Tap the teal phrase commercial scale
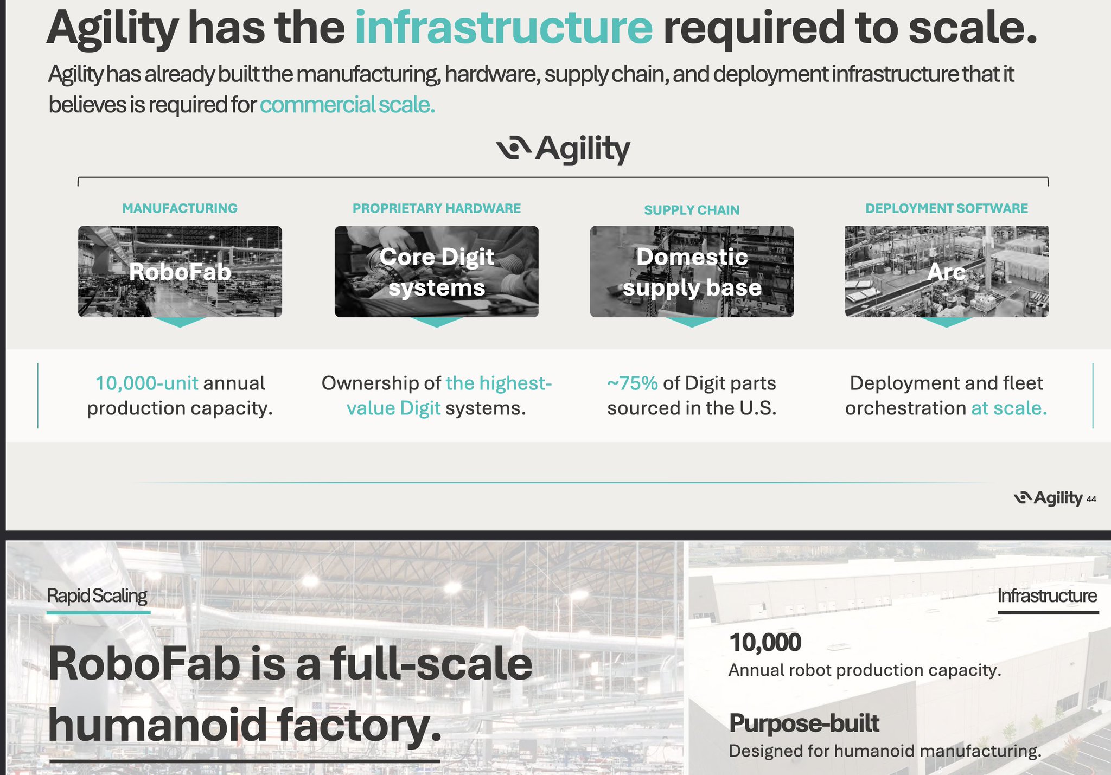click(347, 104)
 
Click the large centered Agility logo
click(563, 149)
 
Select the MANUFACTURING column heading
click(180, 208)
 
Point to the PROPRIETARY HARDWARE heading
click(437, 208)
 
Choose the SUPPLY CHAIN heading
click(692, 210)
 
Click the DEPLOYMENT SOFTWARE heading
click(947, 208)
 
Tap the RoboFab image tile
click(180, 272)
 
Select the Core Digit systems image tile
click(437, 272)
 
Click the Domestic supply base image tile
click(692, 272)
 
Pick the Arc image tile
click(947, 272)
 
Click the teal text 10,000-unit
click(146, 383)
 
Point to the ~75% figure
click(633, 383)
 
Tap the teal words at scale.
click(1009, 408)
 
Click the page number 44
click(1091, 499)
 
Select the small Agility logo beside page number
click(1048, 498)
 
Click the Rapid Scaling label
click(97, 595)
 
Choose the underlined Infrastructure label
click(1048, 595)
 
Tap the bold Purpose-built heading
click(804, 723)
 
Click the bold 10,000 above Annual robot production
click(765, 643)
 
